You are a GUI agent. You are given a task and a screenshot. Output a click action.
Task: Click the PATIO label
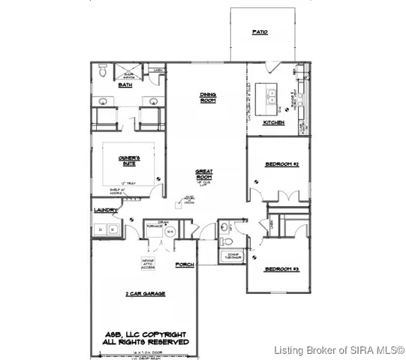click(x=260, y=32)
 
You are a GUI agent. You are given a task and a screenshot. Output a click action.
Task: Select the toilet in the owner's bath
click(x=101, y=73)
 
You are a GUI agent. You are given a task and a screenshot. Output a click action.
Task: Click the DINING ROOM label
click(x=207, y=97)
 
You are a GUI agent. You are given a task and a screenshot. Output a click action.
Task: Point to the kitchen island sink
click(x=266, y=94)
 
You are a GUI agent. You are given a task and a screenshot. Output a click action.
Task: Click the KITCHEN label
click(x=272, y=122)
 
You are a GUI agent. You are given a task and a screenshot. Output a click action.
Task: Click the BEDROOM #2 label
click(x=282, y=163)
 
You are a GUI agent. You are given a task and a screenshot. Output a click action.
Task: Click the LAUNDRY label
click(x=103, y=212)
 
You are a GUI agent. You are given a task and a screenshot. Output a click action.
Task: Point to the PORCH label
click(x=184, y=265)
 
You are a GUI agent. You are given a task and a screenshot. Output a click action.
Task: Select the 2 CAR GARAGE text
click(x=145, y=293)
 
